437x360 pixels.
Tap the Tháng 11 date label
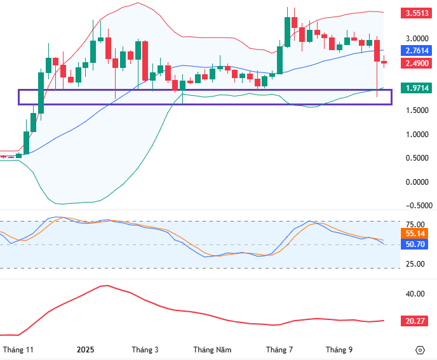[x=18, y=350]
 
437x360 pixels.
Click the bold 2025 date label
[x=85, y=350]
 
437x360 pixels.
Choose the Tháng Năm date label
[x=212, y=350]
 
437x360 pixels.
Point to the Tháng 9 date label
[x=339, y=350]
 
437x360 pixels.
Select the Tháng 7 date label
[x=279, y=350]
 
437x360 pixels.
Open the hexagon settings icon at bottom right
[x=420, y=350]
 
